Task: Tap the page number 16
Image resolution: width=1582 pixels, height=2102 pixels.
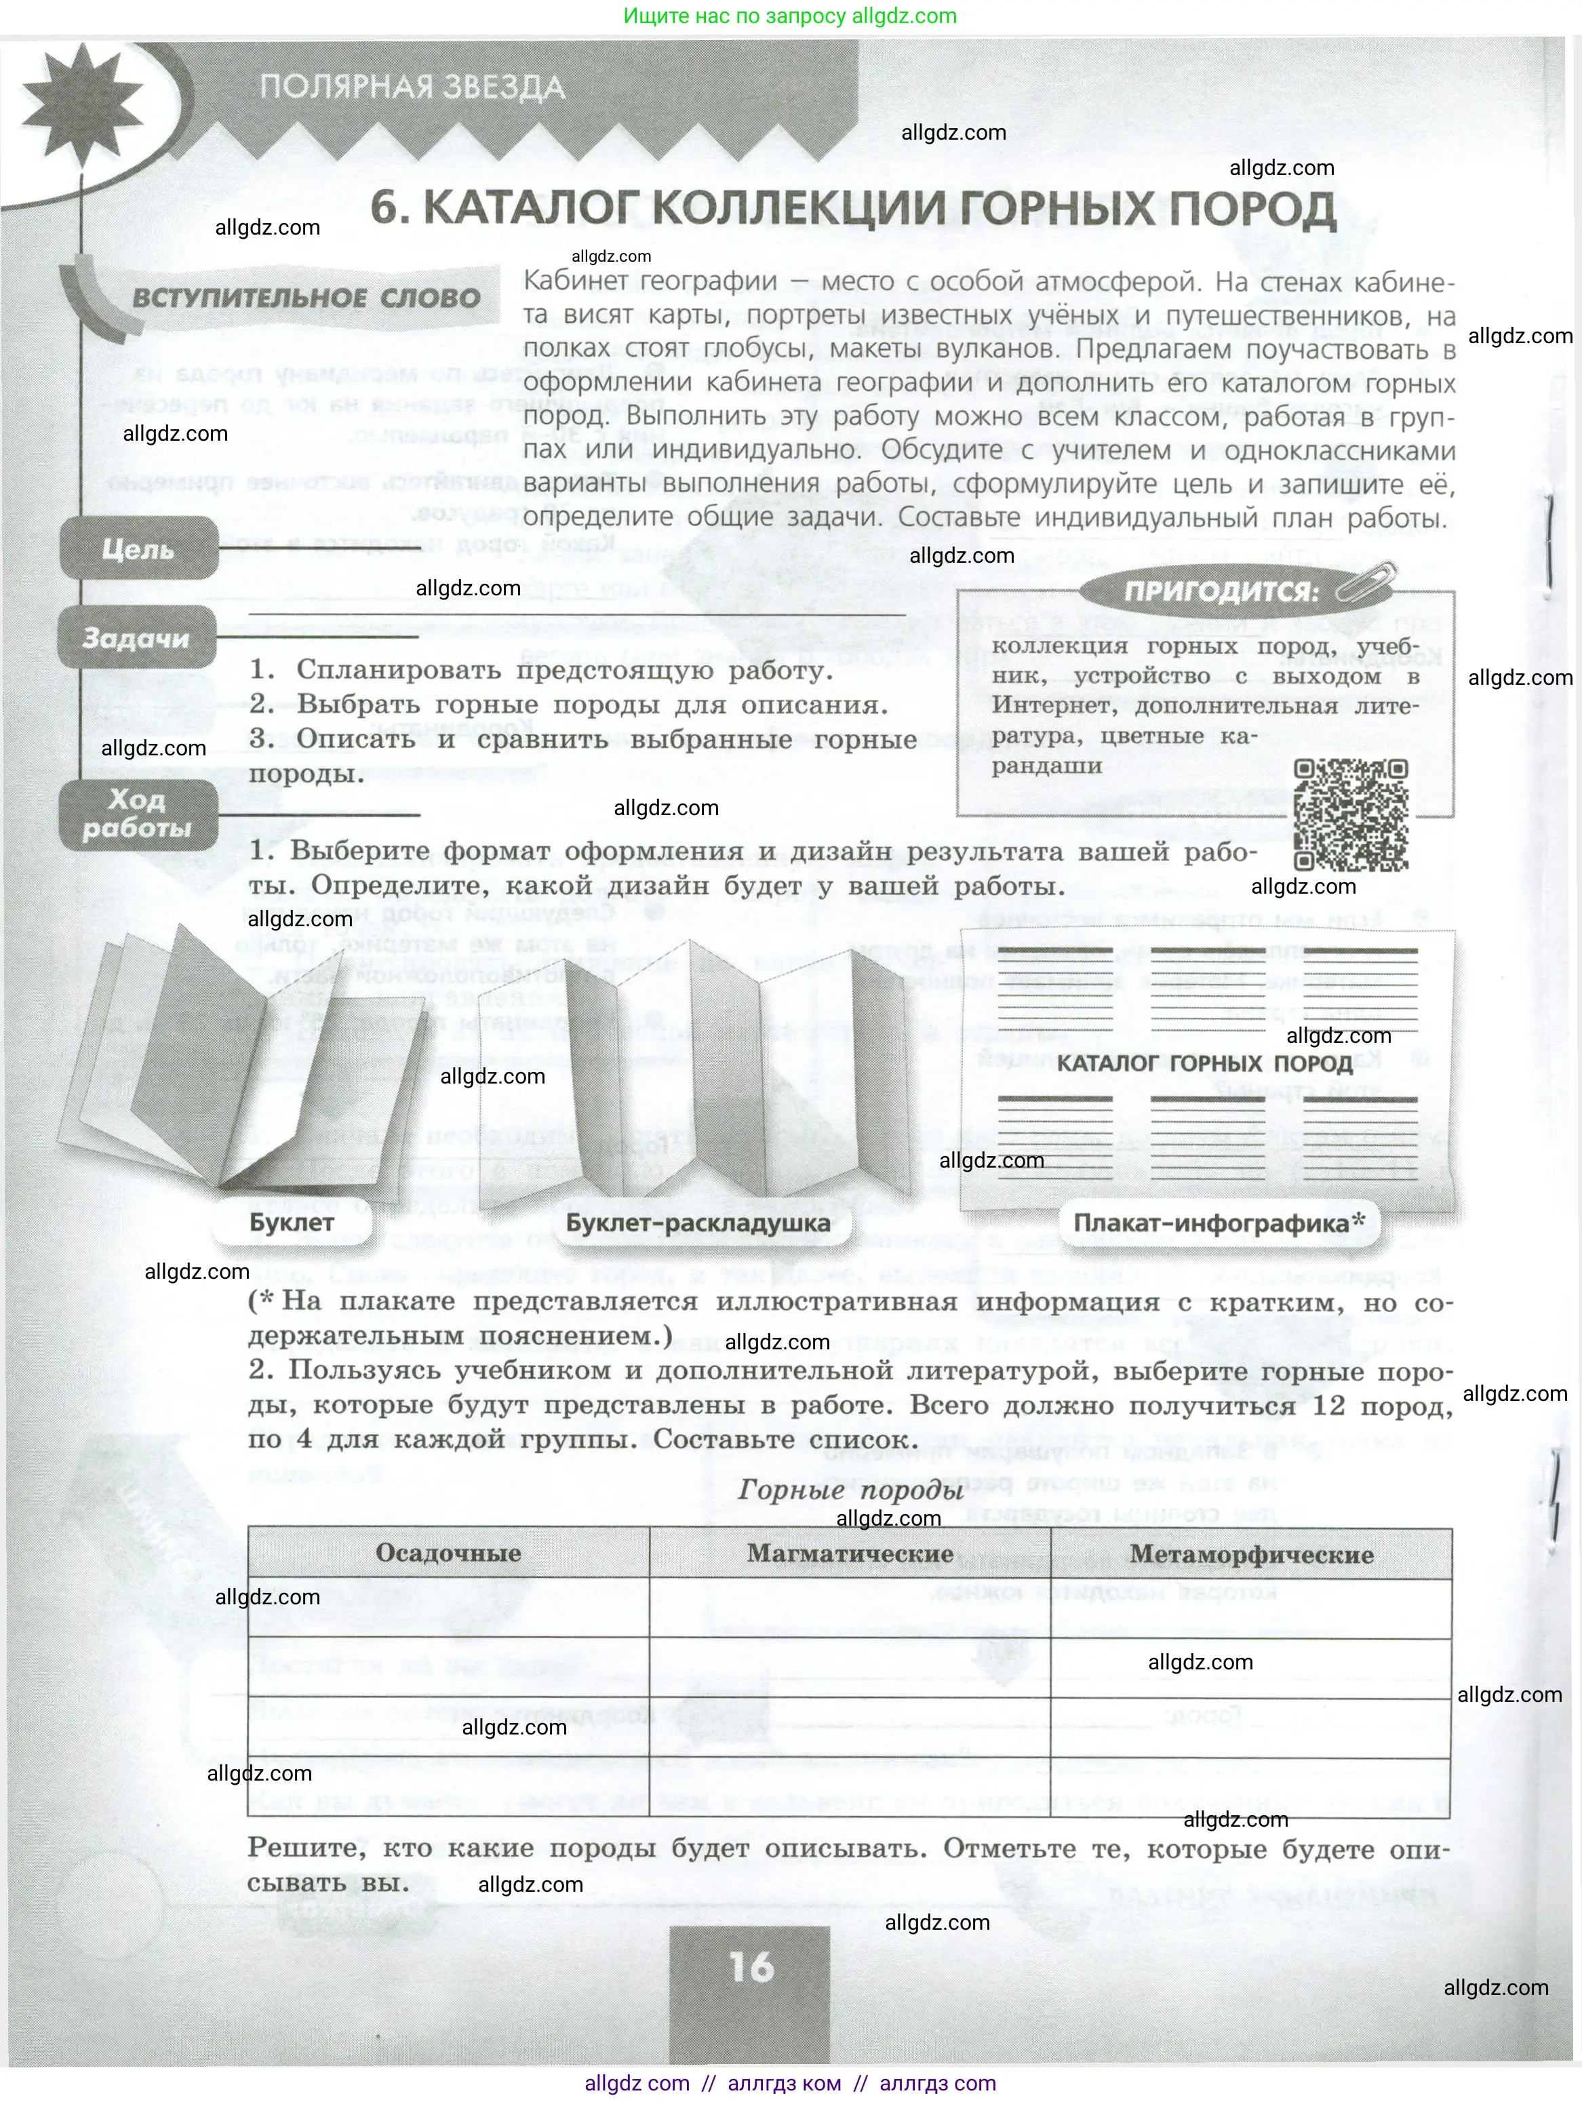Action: pyautogui.click(x=751, y=1966)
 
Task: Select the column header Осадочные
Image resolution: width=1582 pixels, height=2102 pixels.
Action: pyautogui.click(x=448, y=1553)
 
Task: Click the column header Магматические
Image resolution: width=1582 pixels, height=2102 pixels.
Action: pyautogui.click(x=850, y=1553)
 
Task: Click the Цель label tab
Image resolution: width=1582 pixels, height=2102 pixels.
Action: pyautogui.click(x=139, y=549)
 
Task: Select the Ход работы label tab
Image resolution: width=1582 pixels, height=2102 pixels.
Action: pyautogui.click(x=137, y=814)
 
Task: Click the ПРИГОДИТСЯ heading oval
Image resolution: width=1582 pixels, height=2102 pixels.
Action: pyautogui.click(x=1222, y=591)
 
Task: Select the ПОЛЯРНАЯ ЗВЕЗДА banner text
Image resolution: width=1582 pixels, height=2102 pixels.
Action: pyautogui.click(x=412, y=87)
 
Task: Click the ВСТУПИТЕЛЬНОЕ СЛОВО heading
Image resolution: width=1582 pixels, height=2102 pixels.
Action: pyautogui.click(x=306, y=298)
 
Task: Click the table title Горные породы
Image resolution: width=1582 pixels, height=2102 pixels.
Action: pyautogui.click(x=850, y=1490)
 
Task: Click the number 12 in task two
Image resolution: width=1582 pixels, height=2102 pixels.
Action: pyautogui.click(x=1328, y=1404)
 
